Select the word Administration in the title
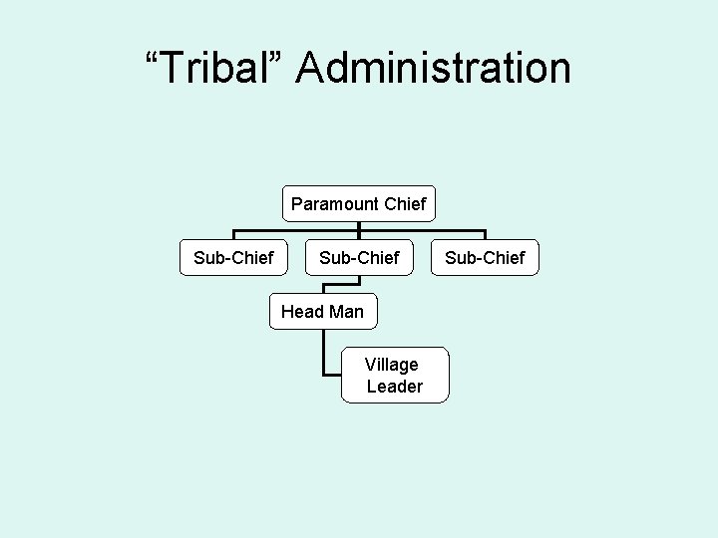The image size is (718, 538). pos(434,69)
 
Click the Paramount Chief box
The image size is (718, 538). pos(358,204)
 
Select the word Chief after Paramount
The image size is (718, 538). pos(404,204)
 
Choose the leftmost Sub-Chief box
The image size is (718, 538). pos(233,258)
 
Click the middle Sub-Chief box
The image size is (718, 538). pos(359,258)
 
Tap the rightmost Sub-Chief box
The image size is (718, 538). pos(485,258)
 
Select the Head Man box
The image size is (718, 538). pos(322,312)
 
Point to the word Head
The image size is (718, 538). pos(301,312)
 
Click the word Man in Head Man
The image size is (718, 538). pos(346,312)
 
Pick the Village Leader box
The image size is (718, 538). pos(394,375)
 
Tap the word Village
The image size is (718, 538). pos(392,364)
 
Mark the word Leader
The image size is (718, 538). pos(395,387)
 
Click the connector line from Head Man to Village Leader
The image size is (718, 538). pos(325,354)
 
